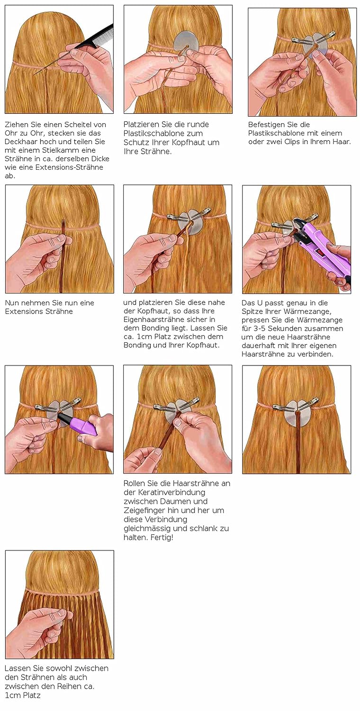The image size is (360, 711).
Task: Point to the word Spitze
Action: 256,311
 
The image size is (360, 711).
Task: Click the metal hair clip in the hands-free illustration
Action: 287,407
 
